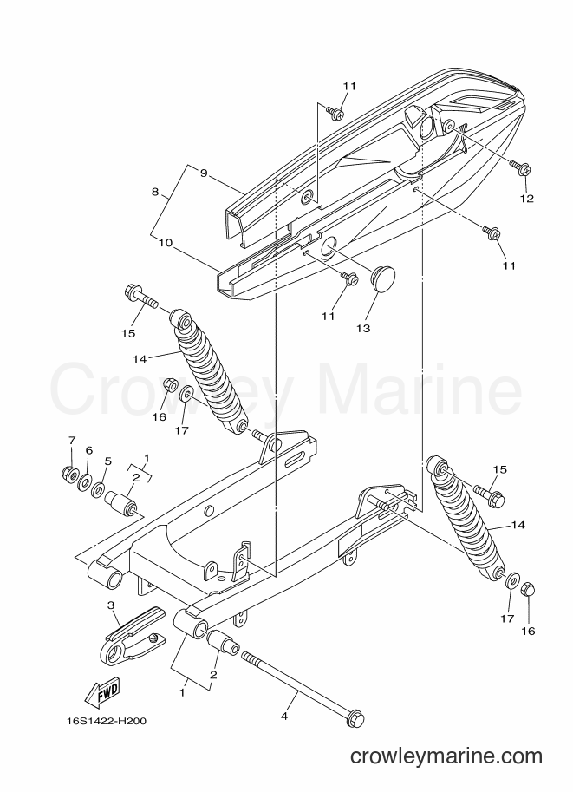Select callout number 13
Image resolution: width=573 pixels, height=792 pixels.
tap(363, 328)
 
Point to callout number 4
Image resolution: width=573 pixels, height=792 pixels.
tap(284, 716)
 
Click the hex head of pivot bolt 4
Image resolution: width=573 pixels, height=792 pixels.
tap(355, 717)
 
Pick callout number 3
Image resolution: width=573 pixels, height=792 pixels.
tap(111, 605)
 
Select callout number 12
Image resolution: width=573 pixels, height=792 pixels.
tap(526, 199)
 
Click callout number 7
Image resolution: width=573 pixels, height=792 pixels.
tap(71, 440)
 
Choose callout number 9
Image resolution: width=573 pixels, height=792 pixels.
tap(204, 173)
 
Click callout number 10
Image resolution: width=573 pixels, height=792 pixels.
tap(165, 243)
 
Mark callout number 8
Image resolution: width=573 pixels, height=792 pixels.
tap(155, 192)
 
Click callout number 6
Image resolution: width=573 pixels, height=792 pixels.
tap(89, 450)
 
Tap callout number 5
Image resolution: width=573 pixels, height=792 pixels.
tap(107, 461)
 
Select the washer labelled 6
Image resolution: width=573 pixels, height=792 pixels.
tap(84, 481)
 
